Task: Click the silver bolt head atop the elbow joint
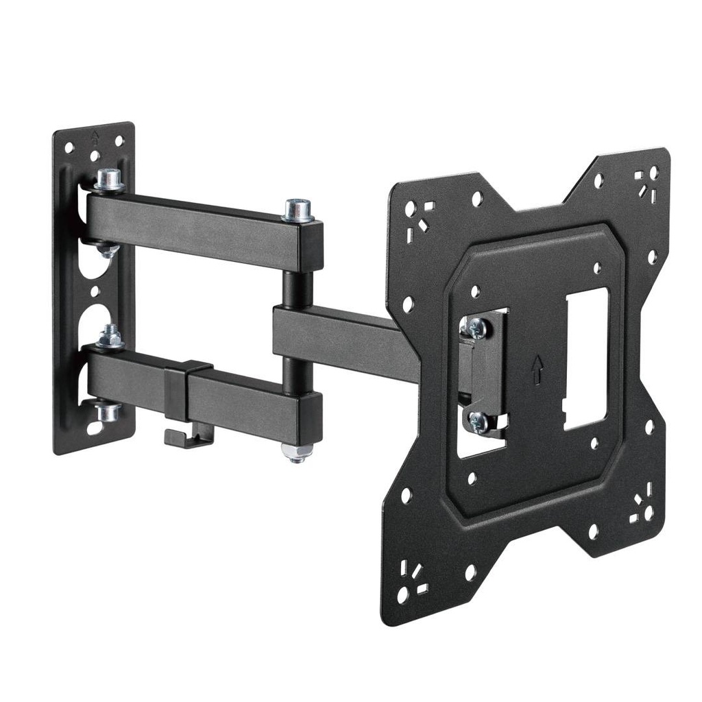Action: pos(298,208)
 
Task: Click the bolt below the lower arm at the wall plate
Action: pos(108,412)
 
